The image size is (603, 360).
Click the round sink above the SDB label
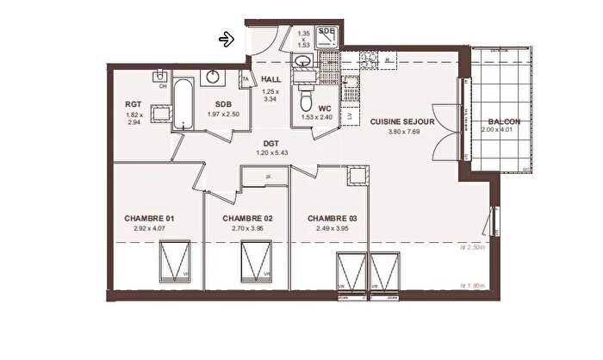point(211,78)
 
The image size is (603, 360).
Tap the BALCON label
point(504,121)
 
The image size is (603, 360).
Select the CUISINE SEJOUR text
point(402,122)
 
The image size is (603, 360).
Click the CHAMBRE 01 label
point(149,219)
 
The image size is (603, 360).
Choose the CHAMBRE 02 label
point(247,219)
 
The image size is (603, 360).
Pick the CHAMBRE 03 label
point(333,219)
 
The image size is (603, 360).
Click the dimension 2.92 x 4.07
point(149,229)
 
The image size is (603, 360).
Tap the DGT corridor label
point(270,144)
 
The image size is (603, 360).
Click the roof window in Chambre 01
point(176,260)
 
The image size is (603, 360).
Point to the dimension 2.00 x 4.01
point(504,132)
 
